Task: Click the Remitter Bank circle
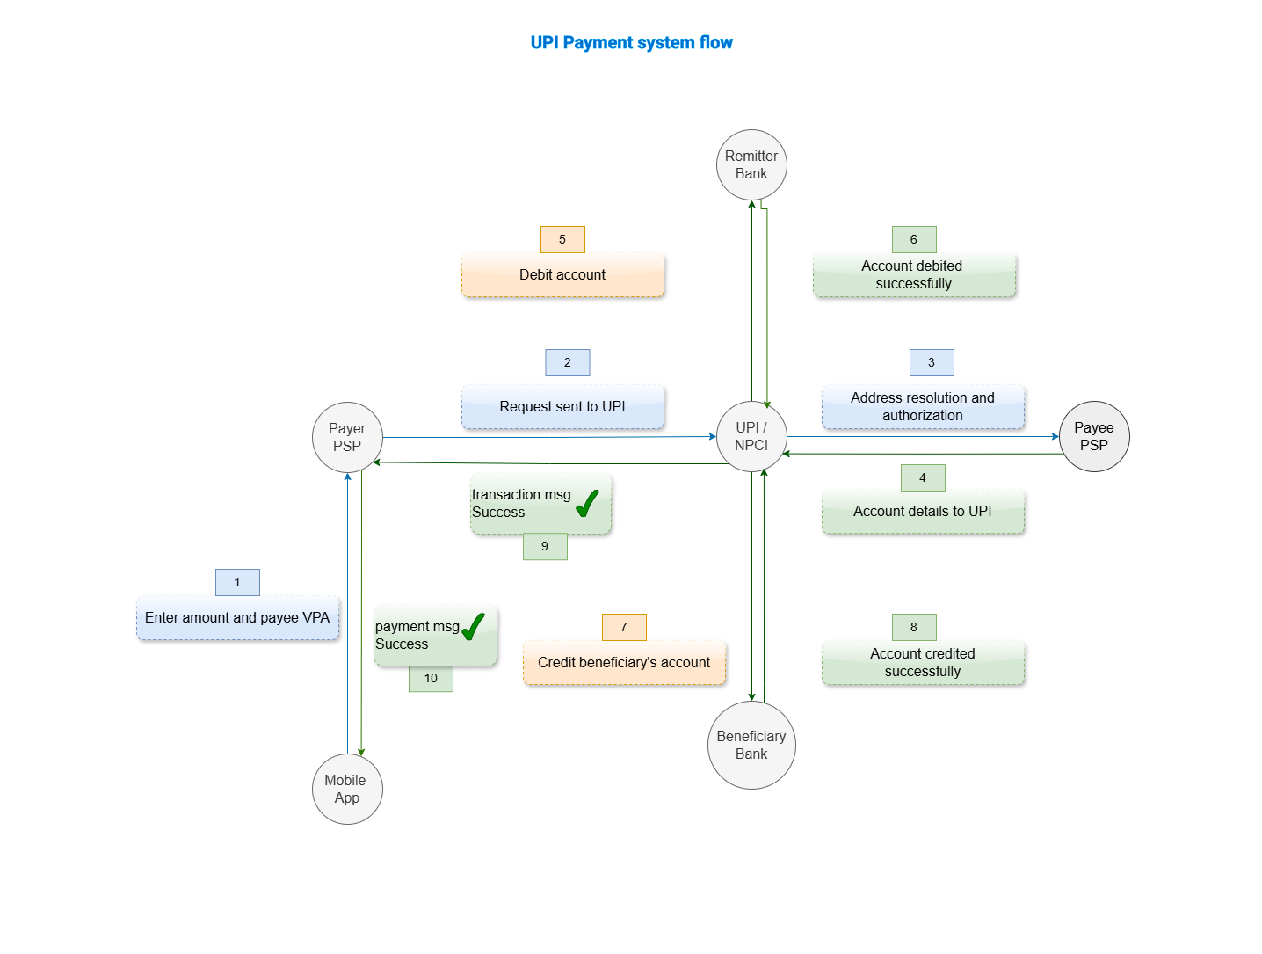(751, 165)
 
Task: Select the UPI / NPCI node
(751, 437)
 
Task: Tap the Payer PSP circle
(347, 437)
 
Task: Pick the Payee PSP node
(1094, 436)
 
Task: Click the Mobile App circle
(347, 789)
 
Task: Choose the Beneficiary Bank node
(751, 745)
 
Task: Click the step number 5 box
(562, 239)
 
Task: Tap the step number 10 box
(431, 679)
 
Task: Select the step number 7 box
(624, 627)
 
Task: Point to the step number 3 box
(932, 362)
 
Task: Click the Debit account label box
(562, 275)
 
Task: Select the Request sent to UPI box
(562, 407)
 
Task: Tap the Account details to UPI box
(923, 512)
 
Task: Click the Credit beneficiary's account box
(624, 663)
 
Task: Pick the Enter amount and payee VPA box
(237, 618)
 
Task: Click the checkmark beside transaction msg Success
(587, 504)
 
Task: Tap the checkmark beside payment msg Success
(473, 627)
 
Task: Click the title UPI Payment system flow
(631, 42)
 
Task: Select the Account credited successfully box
(923, 663)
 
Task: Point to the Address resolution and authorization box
(923, 407)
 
